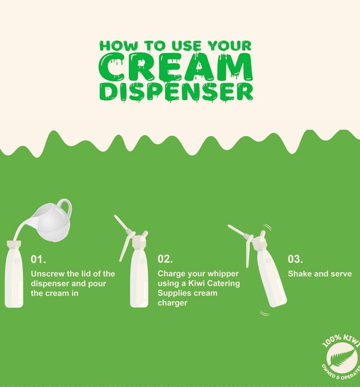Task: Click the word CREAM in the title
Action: [175, 66]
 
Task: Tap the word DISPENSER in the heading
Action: [176, 92]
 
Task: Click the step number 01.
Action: [38, 259]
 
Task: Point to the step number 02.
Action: [165, 259]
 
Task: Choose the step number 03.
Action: [295, 259]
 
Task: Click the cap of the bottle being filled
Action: [14, 244]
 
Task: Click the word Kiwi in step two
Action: [197, 283]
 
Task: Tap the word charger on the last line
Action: [172, 303]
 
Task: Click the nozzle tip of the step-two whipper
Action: [115, 216]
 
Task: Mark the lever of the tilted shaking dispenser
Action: [247, 253]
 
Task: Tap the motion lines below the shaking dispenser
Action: [265, 313]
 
